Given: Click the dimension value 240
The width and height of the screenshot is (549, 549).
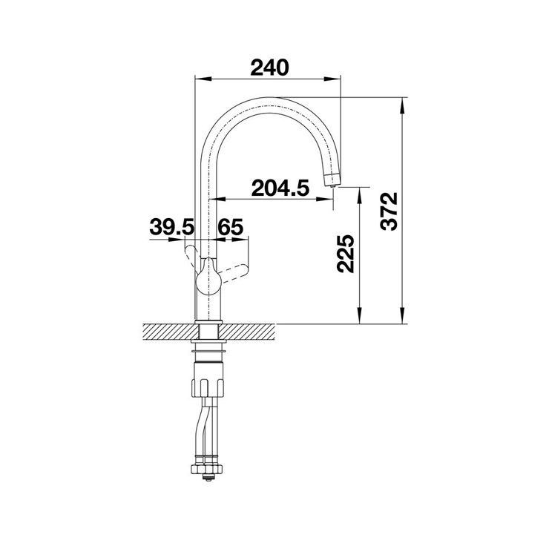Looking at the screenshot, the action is tap(269, 68).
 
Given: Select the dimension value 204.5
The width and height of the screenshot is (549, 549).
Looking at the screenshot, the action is tap(280, 188).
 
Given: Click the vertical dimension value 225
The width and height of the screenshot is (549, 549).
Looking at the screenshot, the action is tap(346, 254).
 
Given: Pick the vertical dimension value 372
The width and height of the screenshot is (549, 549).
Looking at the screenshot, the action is tap(389, 211).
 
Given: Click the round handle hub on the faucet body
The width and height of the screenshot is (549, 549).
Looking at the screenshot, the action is tap(208, 280).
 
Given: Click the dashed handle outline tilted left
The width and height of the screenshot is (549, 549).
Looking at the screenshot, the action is tap(193, 257).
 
